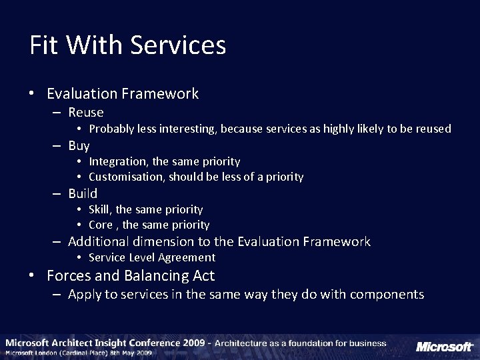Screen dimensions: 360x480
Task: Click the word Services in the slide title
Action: (x=178, y=45)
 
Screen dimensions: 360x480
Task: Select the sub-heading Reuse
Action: (x=86, y=113)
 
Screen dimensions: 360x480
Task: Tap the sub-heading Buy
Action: (x=79, y=145)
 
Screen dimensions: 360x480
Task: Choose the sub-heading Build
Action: (x=83, y=193)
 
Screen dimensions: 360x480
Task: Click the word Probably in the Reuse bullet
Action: (x=111, y=129)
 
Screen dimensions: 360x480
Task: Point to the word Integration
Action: (x=119, y=161)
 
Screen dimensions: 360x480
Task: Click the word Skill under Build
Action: (x=100, y=209)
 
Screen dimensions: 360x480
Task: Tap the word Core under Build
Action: (x=101, y=225)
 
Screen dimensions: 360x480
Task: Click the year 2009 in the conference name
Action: (x=192, y=343)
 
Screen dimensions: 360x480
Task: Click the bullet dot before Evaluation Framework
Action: (x=32, y=94)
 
